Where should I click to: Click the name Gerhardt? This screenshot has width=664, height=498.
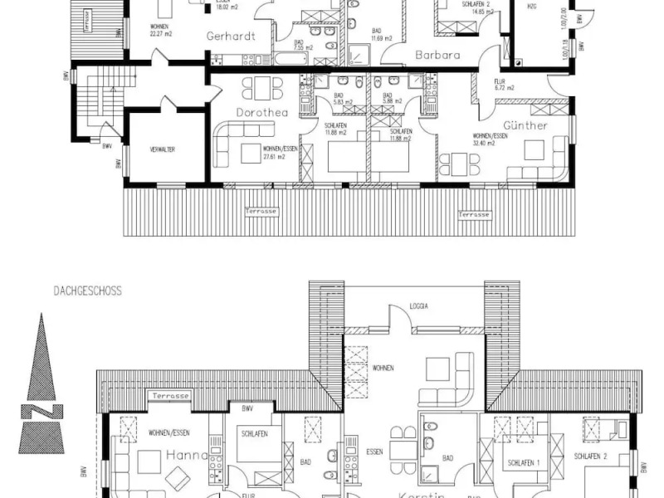(x=229, y=36)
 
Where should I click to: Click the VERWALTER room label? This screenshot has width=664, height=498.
(x=163, y=149)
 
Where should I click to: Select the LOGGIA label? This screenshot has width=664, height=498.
(x=419, y=306)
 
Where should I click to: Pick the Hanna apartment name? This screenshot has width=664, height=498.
(x=183, y=455)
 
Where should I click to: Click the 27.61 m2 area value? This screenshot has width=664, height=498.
(x=274, y=156)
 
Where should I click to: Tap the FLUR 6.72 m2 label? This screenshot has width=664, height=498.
(x=505, y=84)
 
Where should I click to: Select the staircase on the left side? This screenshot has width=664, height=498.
(x=97, y=104)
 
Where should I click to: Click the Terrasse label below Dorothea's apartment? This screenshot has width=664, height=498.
(x=262, y=212)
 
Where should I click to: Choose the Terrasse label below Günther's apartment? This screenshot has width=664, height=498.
(x=475, y=214)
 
